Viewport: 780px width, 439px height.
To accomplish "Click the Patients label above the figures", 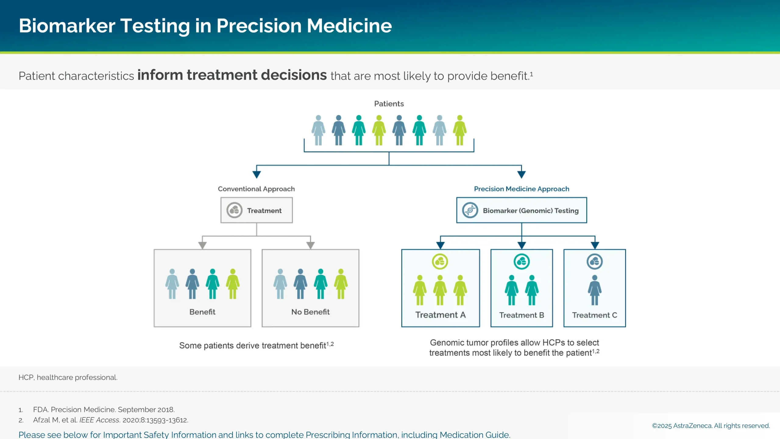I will tap(389, 104).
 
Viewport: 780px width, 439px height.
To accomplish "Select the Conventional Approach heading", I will tap(256, 189).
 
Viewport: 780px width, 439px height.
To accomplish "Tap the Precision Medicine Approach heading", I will tap(521, 189).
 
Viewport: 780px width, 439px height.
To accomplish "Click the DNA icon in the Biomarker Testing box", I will tap(470, 210).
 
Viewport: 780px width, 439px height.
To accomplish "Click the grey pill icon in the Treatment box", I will tap(234, 210).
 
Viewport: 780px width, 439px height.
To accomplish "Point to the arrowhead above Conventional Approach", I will tap(257, 174).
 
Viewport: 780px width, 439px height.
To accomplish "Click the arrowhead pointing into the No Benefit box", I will tap(310, 245).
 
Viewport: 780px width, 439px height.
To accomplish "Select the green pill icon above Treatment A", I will tap(440, 261).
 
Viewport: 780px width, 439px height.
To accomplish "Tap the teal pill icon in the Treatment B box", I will tap(521, 261).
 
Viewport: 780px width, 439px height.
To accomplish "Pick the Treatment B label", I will tap(521, 315).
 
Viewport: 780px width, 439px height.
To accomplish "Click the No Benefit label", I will tap(310, 312).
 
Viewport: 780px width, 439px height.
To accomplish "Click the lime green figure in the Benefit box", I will tap(232, 284).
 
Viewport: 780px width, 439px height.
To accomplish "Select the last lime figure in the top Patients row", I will tap(459, 130).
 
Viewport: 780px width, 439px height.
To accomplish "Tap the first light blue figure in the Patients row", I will tap(318, 130).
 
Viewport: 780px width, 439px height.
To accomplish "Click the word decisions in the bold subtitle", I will tap(294, 75).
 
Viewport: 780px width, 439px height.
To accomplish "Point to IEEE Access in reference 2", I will tap(99, 420).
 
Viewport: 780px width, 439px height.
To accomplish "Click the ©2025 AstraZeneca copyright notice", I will tap(711, 426).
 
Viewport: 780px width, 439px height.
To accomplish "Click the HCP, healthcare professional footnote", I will tap(68, 377).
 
